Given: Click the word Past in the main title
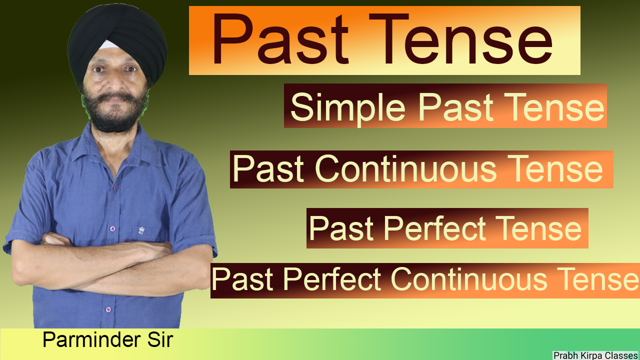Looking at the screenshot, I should tap(280, 40).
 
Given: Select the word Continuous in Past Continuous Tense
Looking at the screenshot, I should tap(405, 169).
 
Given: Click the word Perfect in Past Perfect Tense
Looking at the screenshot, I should tap(434, 229).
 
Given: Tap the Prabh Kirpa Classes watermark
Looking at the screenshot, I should tap(595, 355).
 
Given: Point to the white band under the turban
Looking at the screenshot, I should tap(108, 45).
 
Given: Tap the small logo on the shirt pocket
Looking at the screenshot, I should tap(141, 230).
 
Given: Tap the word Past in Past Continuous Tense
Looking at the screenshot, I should tap(268, 169).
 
